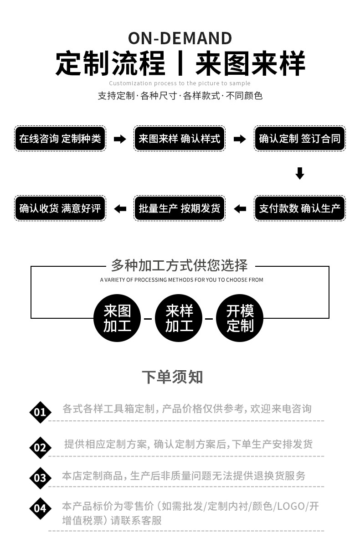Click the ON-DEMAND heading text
[180, 38]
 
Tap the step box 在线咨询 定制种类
[60, 139]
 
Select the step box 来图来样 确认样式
[180, 139]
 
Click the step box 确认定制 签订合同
[299, 139]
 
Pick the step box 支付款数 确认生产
[299, 208]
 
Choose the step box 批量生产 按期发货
[180, 208]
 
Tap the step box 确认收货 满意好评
[60, 208]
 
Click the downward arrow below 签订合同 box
[299, 173]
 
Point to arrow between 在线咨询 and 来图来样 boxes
[120, 139]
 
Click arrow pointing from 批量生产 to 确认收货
[120, 209]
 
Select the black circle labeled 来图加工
[117, 318]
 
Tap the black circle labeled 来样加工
[179, 318]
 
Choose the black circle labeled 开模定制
[240, 318]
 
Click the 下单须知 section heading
[172, 377]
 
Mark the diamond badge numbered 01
[40, 412]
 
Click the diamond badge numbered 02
[40, 447]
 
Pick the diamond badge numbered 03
[40, 478]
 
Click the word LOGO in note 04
[290, 506]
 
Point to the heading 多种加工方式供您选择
[180, 265]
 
